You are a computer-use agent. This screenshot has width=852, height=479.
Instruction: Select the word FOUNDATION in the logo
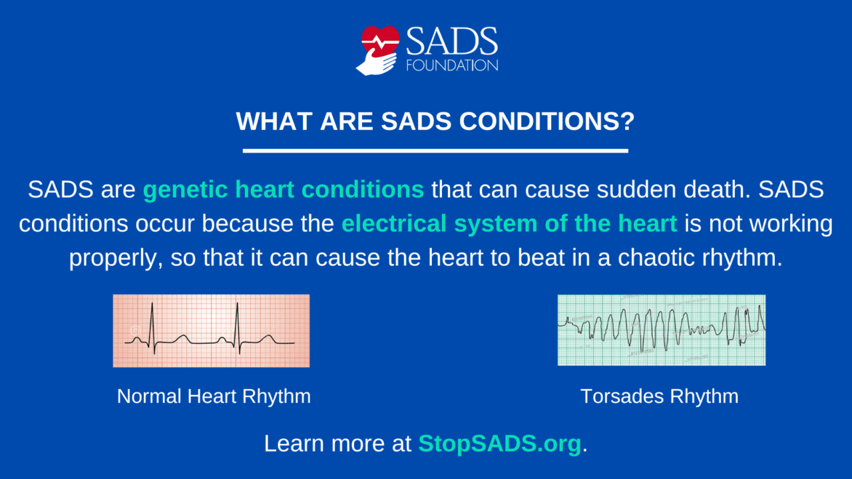pyautogui.click(x=452, y=65)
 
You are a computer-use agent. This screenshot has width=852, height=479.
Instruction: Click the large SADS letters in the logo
pyautogui.click(x=452, y=41)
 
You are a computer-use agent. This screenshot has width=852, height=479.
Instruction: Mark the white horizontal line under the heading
pyautogui.click(x=435, y=151)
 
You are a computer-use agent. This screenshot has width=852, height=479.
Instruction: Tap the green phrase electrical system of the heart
pyautogui.click(x=509, y=224)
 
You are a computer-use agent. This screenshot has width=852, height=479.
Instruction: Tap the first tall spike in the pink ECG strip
pyautogui.click(x=152, y=323)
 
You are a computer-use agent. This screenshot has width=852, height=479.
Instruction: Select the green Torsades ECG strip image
pyautogui.click(x=661, y=330)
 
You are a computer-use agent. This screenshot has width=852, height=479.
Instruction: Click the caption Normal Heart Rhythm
pyautogui.click(x=214, y=397)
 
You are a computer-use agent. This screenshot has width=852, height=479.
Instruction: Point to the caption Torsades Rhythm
pyautogui.click(x=659, y=397)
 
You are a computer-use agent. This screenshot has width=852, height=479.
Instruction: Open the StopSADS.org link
pyautogui.click(x=499, y=444)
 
